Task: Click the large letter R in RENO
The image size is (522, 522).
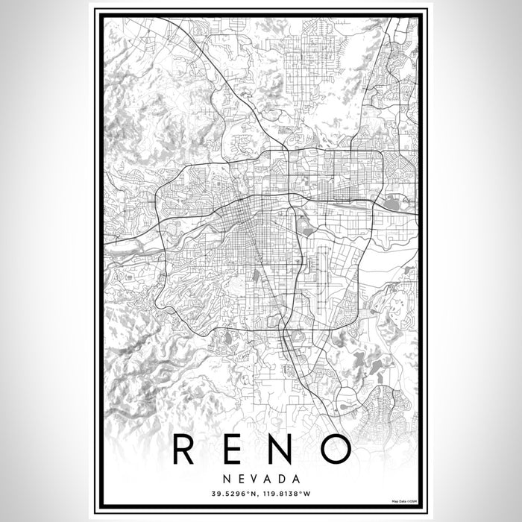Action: [x=183, y=447]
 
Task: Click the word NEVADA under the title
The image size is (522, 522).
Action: [x=261, y=478]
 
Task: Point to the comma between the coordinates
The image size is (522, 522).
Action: [x=257, y=494]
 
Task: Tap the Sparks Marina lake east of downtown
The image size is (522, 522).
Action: [x=393, y=201]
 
